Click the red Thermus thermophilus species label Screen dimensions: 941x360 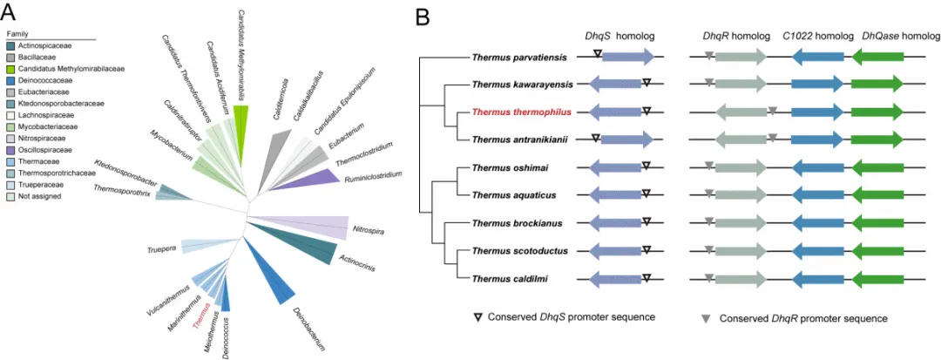(x=521, y=112)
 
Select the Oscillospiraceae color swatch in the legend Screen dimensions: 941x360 (x=11, y=149)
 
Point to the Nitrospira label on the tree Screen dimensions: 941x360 (x=368, y=230)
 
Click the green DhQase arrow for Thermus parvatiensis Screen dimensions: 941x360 (x=877, y=57)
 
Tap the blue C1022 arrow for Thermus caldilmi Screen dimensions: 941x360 (x=817, y=279)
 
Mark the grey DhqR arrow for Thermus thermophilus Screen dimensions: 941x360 (x=741, y=112)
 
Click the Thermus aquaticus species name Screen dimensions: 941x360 (x=522, y=195)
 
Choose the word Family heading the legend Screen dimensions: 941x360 (x=18, y=35)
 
